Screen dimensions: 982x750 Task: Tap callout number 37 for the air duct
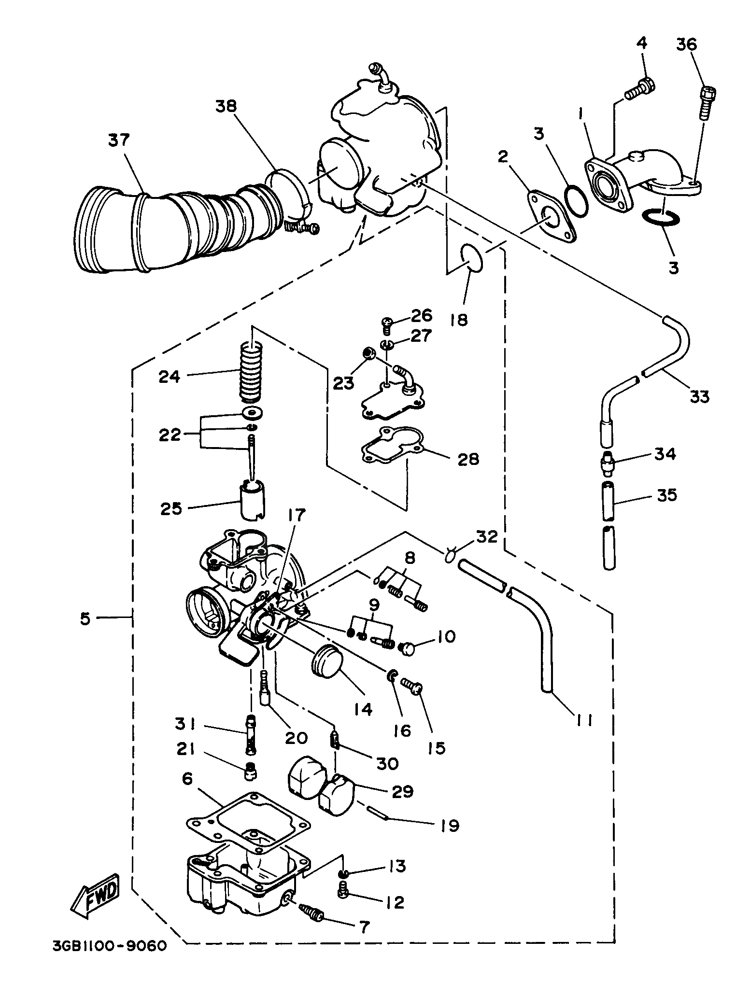pyautogui.click(x=119, y=140)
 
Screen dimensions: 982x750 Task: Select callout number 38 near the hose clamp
pyautogui.click(x=226, y=106)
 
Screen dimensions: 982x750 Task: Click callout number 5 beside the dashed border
pyautogui.click(x=85, y=618)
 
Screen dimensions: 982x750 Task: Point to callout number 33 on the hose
pyautogui.click(x=699, y=396)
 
